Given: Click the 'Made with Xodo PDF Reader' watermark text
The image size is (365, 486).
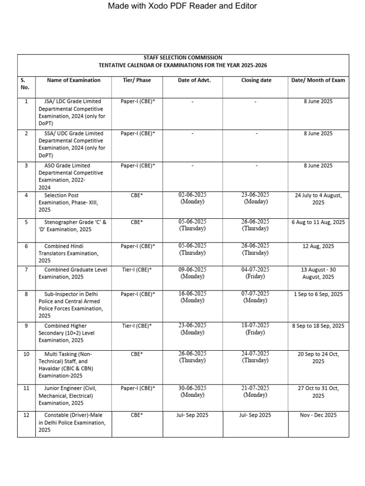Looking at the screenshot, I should (182, 6).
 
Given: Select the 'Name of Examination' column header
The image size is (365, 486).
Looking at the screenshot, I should (74, 80).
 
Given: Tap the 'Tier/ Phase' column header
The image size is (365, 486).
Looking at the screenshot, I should (137, 80).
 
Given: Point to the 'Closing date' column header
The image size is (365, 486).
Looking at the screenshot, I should (256, 80).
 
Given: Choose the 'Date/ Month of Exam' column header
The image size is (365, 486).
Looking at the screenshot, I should (318, 80).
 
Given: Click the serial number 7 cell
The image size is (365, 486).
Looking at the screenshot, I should (26, 270).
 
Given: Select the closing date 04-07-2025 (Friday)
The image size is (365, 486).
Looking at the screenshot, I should (255, 273).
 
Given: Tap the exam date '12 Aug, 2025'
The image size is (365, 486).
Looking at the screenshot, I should (318, 246).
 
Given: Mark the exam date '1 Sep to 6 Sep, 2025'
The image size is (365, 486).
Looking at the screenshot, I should (318, 294).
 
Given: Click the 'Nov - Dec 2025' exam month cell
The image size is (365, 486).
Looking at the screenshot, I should (318, 415).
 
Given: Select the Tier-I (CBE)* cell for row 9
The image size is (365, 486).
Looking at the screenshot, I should (137, 326).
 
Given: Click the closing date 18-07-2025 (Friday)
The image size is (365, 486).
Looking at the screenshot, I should (255, 329).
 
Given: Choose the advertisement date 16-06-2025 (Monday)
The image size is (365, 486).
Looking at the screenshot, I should (192, 297).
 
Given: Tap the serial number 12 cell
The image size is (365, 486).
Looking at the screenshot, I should (26, 415).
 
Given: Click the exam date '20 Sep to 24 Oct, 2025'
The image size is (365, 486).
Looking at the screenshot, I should (318, 357).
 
